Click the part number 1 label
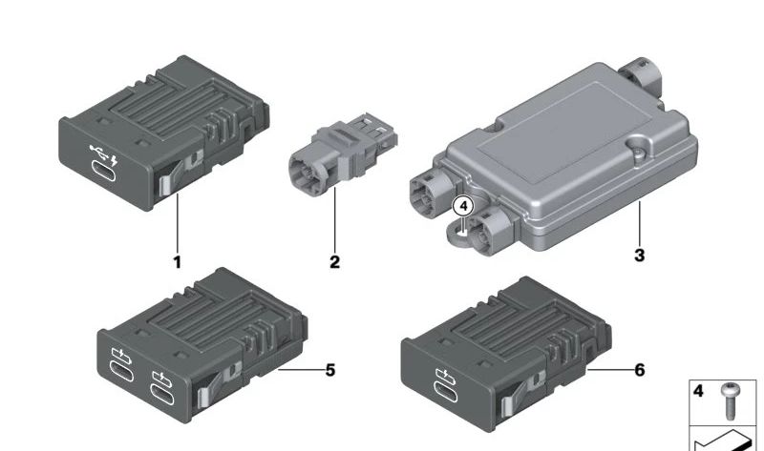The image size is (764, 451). (178, 262)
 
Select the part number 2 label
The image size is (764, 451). (334, 262)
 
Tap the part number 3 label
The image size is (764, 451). (640, 255)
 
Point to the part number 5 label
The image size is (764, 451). (330, 371)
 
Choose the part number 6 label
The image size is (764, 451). (640, 370)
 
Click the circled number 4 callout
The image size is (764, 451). (463, 206)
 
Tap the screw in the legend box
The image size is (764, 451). (729, 400)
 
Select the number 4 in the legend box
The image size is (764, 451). (698, 391)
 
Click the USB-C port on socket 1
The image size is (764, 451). (104, 171)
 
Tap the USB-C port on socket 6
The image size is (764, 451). (445, 391)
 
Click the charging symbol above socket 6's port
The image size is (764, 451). (446, 374)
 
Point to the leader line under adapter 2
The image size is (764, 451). (335, 220)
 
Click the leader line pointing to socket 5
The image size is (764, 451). (301, 370)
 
